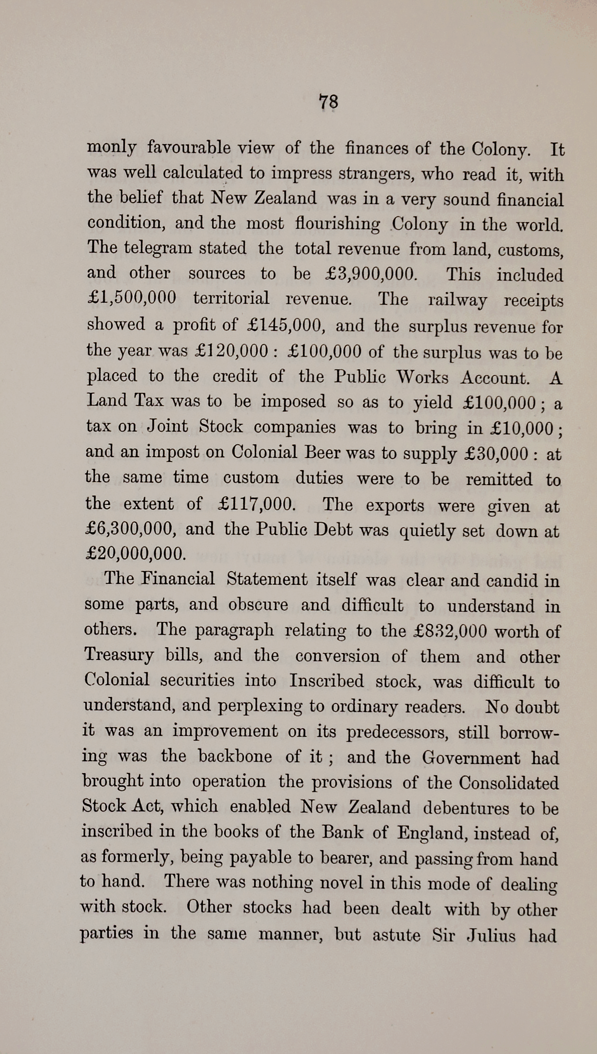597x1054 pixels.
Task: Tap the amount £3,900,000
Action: click(371, 274)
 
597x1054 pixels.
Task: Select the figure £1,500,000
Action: click(131, 298)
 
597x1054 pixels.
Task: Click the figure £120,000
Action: click(232, 350)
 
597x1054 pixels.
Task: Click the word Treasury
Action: click(119, 655)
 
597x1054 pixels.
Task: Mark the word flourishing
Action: click(338, 224)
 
